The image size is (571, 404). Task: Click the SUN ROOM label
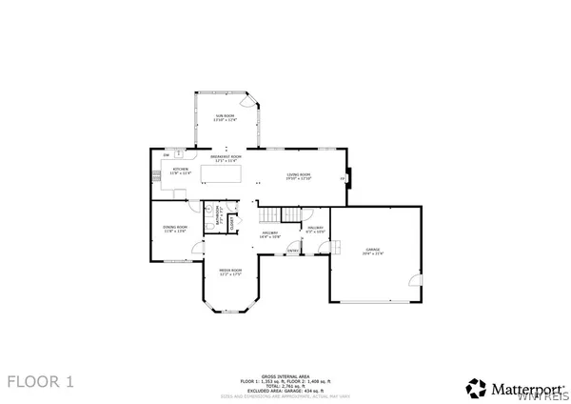tap(222, 115)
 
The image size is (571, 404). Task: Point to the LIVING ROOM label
tap(300, 175)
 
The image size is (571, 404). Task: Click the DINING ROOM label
tap(175, 228)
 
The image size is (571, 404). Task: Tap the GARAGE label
tap(371, 252)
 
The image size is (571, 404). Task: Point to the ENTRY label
tap(307, 250)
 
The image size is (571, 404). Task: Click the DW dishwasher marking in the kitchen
tap(167, 154)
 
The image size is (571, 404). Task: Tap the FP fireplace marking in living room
tap(343, 178)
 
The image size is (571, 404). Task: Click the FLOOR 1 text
tap(41, 382)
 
